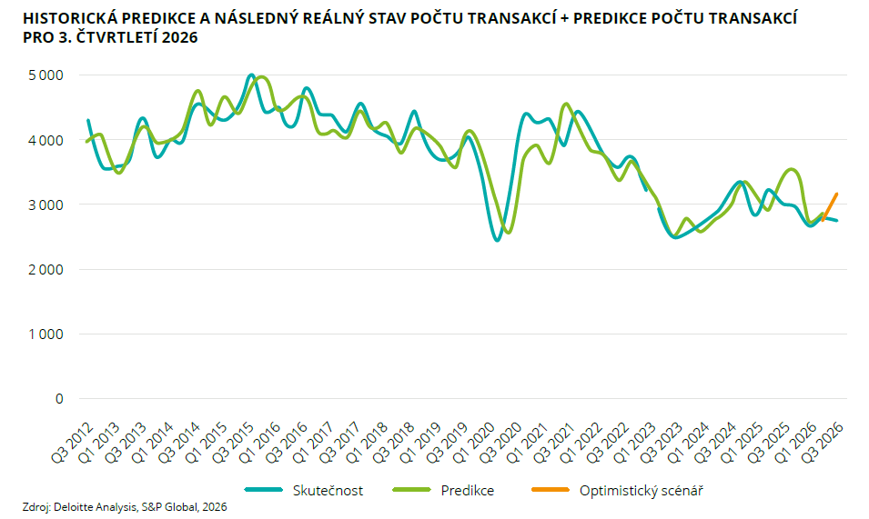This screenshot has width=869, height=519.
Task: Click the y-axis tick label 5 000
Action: click(46, 75)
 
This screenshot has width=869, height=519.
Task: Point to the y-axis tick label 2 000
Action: click(46, 269)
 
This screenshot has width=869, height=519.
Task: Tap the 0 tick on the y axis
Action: click(59, 399)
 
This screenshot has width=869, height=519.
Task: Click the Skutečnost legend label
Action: click(328, 490)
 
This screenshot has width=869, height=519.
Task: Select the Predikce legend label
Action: click(467, 490)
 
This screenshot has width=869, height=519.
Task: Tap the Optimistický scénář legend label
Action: click(642, 491)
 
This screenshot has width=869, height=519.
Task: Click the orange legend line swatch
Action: click(551, 490)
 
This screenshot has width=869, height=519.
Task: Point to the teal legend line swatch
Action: click(263, 490)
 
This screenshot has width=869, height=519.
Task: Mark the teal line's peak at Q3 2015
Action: click(251, 75)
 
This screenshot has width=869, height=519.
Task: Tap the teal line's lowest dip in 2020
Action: click(497, 240)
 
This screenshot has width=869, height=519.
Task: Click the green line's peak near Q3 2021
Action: click(565, 104)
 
